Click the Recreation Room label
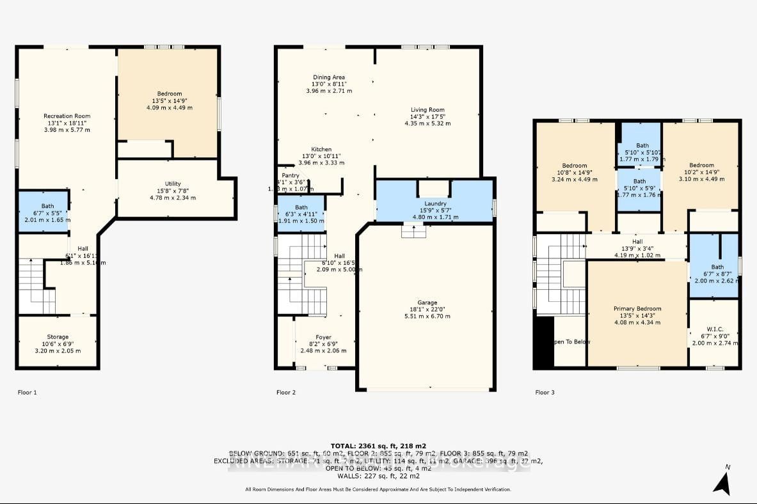tap(67, 116)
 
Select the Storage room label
tap(58, 337)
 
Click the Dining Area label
tap(329, 77)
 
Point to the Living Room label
tap(427, 110)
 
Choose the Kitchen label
tap(321, 149)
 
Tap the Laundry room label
tap(434, 203)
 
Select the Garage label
tap(427, 303)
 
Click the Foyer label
tap(323, 338)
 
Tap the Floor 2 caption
tap(285, 392)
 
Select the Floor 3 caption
tap(545, 392)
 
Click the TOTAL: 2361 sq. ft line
tap(379, 446)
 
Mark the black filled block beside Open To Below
tap(543, 342)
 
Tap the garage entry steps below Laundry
tap(414, 230)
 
